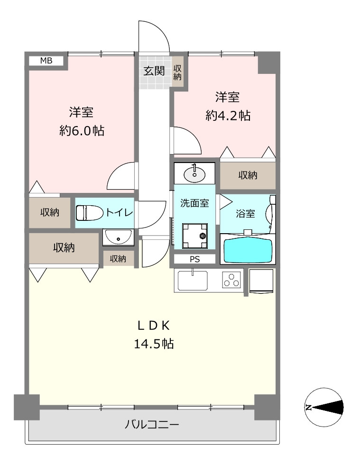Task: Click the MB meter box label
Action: [x=46, y=61]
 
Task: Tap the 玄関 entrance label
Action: [x=154, y=71]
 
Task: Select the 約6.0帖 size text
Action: [x=82, y=130]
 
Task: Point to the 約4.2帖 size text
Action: [x=228, y=116]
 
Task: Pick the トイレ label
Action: [x=120, y=212]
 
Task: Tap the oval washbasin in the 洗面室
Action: [x=194, y=174]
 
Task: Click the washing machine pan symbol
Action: [x=195, y=236]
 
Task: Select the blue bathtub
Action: [x=248, y=250]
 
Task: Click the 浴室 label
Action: [x=245, y=213]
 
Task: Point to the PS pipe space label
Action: [x=195, y=260]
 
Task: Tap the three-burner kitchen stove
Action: [x=231, y=280]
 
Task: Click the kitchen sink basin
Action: [x=193, y=281]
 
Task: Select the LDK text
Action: [x=154, y=326]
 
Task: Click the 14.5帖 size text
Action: [x=154, y=344]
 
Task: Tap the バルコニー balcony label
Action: [x=152, y=425]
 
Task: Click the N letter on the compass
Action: [x=308, y=408]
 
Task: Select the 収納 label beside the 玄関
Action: [x=177, y=72]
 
